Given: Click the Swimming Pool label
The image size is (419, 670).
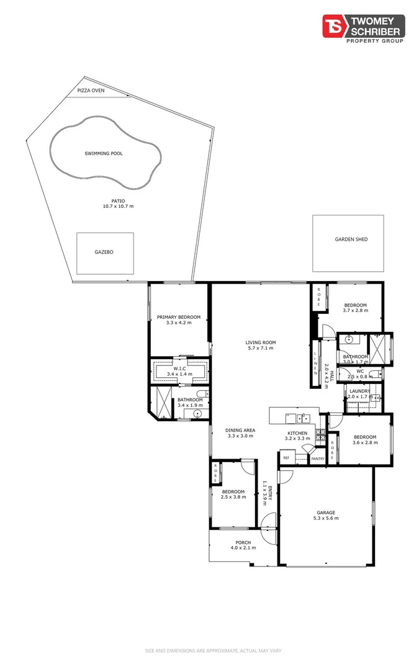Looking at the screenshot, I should [103, 153].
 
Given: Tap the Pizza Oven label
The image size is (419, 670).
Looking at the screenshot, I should [91, 91].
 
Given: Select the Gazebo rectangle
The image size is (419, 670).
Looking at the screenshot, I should [104, 252].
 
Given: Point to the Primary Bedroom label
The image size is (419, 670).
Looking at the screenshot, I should [179, 316].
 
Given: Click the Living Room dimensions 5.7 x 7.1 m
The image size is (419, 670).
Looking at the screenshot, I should [260, 348].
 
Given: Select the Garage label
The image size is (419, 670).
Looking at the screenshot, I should [326, 512].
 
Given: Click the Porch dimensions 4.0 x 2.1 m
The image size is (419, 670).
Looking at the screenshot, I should [243, 548].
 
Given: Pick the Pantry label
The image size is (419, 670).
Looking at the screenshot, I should [318, 458].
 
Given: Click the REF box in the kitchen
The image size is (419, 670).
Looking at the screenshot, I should [286, 458].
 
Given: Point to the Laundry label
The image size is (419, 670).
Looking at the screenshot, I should [359, 391].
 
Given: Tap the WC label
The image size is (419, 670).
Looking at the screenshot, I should [359, 372].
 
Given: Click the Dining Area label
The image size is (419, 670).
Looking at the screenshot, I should [240, 430].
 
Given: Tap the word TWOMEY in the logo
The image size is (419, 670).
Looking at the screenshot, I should [377, 20].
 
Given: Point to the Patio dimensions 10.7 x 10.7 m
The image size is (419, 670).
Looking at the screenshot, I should [118, 206].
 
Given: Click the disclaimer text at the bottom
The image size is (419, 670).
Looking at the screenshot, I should [209, 651].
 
